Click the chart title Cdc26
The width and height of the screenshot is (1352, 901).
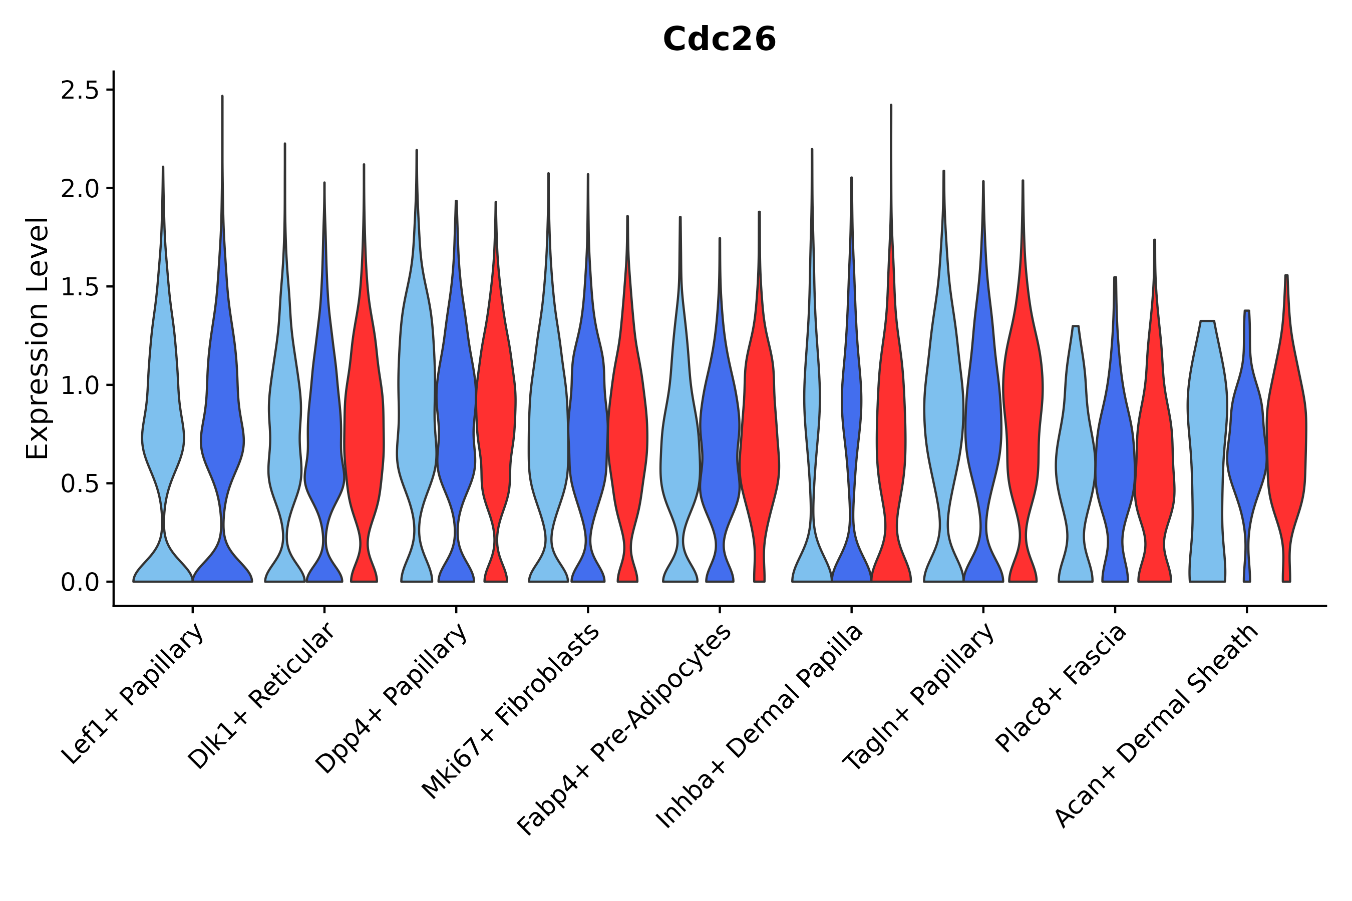(x=719, y=40)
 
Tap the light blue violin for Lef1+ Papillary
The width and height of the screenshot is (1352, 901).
(x=163, y=436)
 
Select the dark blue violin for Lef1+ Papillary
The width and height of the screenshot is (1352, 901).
(x=222, y=436)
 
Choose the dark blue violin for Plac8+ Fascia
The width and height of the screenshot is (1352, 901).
(x=1115, y=460)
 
